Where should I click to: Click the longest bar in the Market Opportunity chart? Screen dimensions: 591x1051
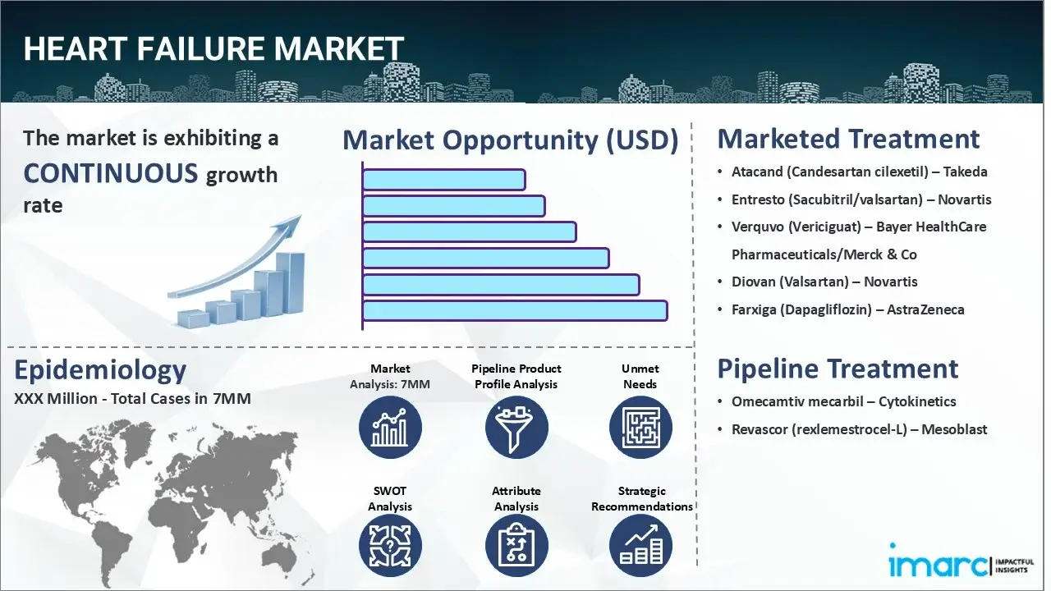(x=515, y=310)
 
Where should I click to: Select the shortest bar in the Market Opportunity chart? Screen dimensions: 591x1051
(x=443, y=179)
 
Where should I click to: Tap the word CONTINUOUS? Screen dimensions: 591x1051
(x=110, y=173)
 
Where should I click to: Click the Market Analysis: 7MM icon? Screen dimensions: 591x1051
(x=390, y=428)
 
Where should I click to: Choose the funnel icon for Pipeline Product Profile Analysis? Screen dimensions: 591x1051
(x=516, y=428)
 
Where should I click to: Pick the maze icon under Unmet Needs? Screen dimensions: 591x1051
(x=640, y=428)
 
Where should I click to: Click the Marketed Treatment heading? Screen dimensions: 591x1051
(x=848, y=139)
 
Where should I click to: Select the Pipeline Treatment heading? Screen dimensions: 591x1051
(x=838, y=369)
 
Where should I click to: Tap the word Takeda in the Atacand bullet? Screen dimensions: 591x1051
(x=965, y=172)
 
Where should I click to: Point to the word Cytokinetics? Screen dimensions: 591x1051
(x=917, y=401)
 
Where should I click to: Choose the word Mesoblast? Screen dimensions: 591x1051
(x=954, y=428)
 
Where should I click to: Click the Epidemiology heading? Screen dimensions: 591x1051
(x=100, y=370)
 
